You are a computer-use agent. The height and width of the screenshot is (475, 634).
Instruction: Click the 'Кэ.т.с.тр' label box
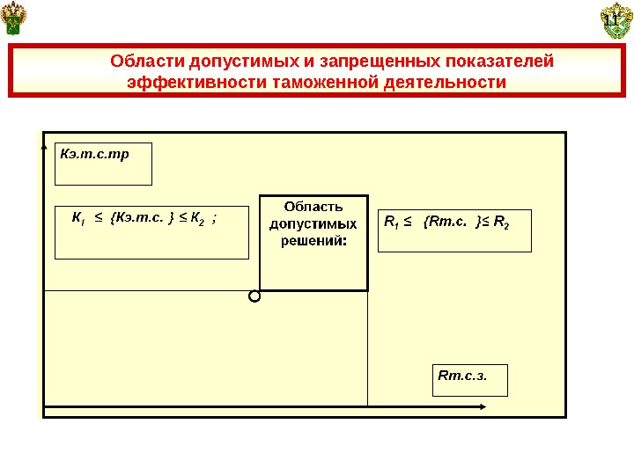(103, 164)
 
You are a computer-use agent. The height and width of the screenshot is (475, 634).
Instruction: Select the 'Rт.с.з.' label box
(471, 379)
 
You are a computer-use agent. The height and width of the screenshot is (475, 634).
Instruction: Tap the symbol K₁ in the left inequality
(77, 216)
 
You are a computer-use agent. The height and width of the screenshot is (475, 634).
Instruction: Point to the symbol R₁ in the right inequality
(392, 220)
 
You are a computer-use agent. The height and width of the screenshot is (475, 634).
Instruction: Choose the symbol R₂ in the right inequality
(501, 220)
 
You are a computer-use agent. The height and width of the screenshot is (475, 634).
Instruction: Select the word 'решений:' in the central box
(313, 240)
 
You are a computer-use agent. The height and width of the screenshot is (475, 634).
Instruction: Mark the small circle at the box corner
(255, 296)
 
